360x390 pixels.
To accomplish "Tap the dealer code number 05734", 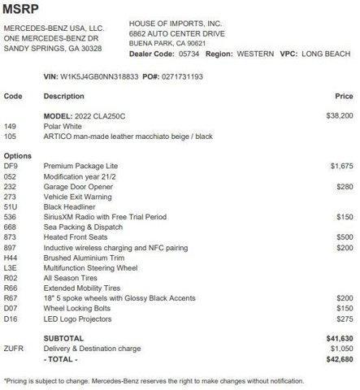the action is [188, 53].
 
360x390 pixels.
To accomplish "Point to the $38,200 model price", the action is [340, 116].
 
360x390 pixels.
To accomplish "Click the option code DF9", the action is [11, 165].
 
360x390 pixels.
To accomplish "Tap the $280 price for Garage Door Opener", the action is [345, 186].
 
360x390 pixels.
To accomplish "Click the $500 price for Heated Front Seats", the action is [345, 236].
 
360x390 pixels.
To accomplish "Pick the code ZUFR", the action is [14, 348].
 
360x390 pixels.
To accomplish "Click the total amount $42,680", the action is [340, 358].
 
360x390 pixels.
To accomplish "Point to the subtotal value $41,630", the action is [340, 338].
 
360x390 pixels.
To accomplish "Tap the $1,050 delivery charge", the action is [341, 348].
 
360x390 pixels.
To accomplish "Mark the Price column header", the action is [345, 96].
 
